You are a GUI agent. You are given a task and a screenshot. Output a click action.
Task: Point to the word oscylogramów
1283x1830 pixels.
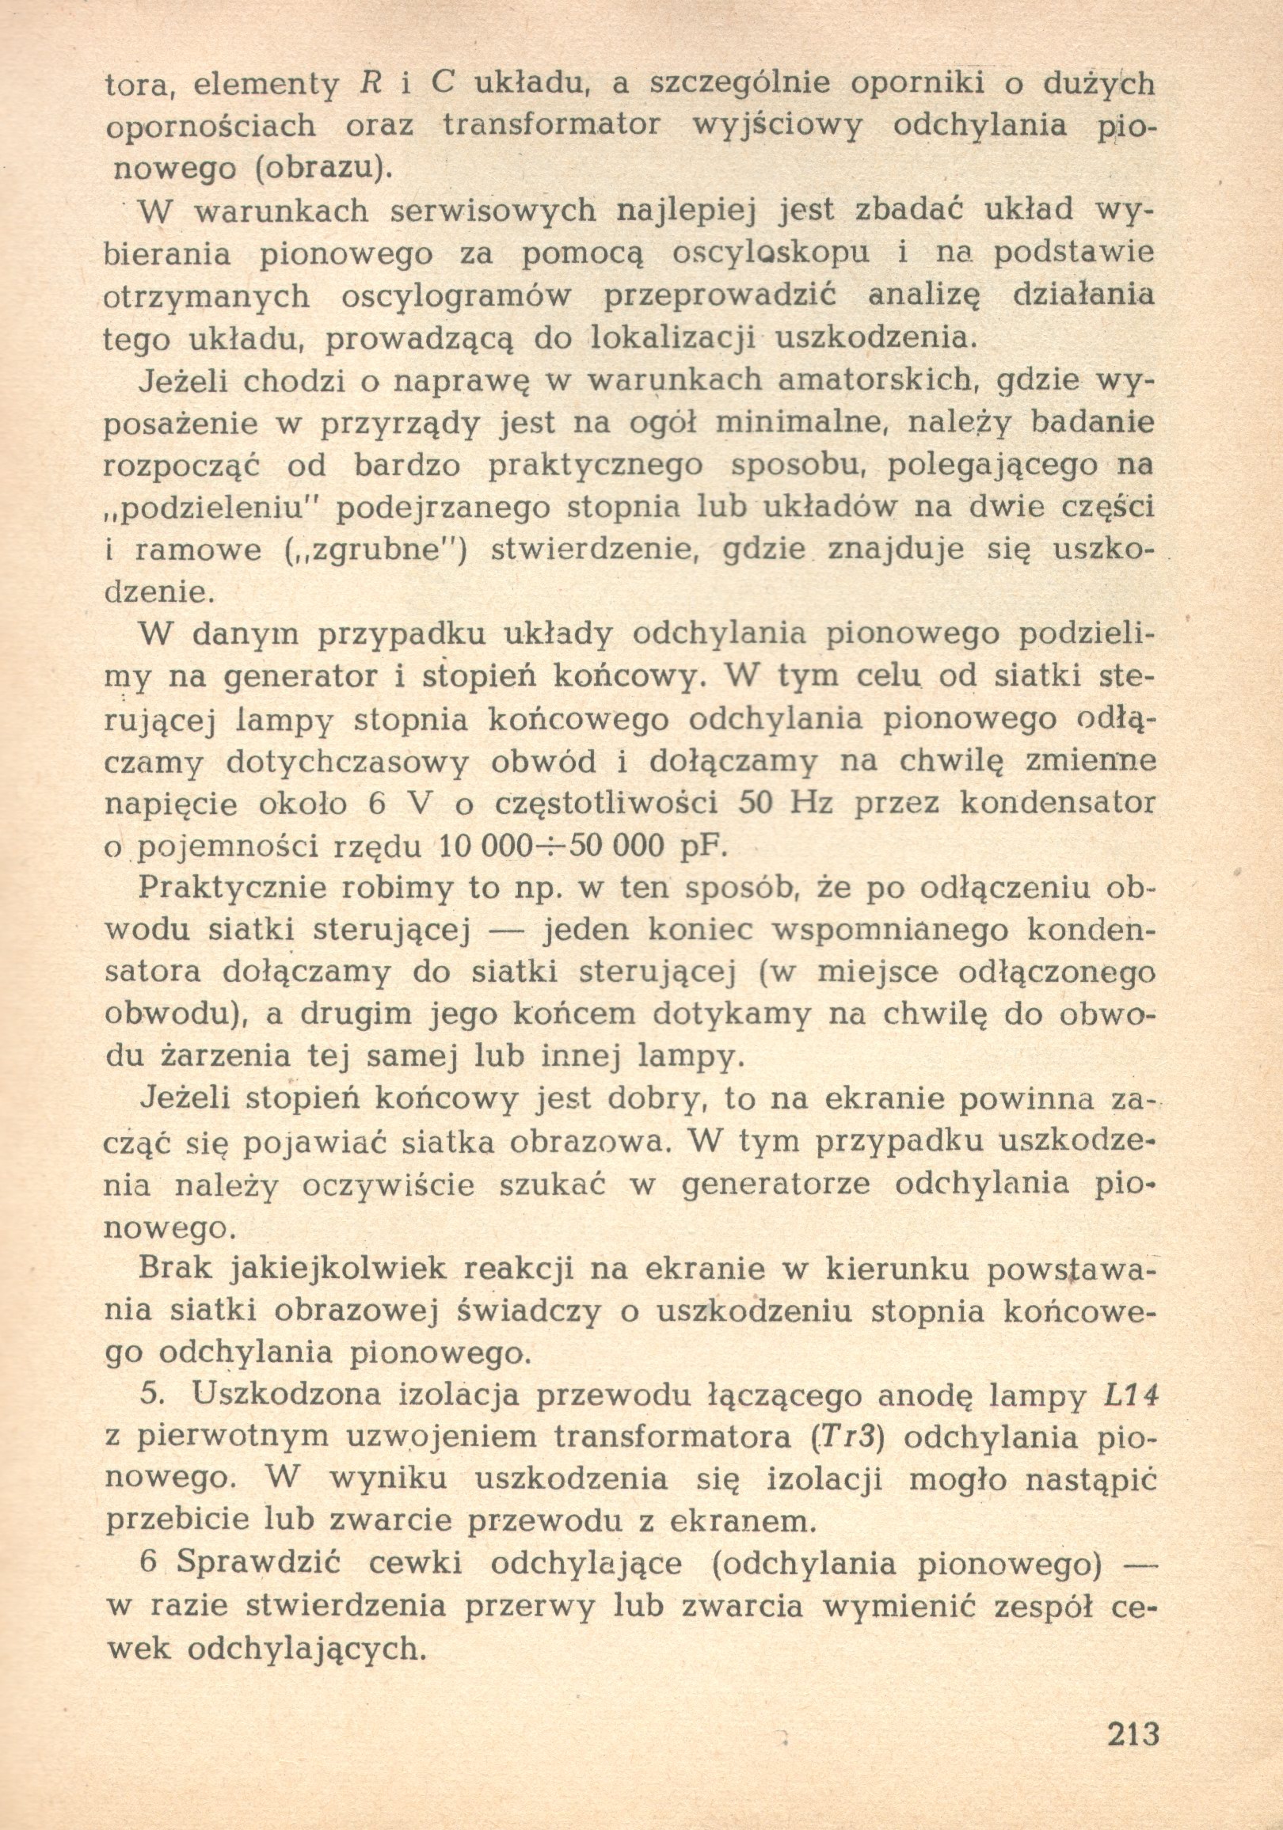pos(457,297)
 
